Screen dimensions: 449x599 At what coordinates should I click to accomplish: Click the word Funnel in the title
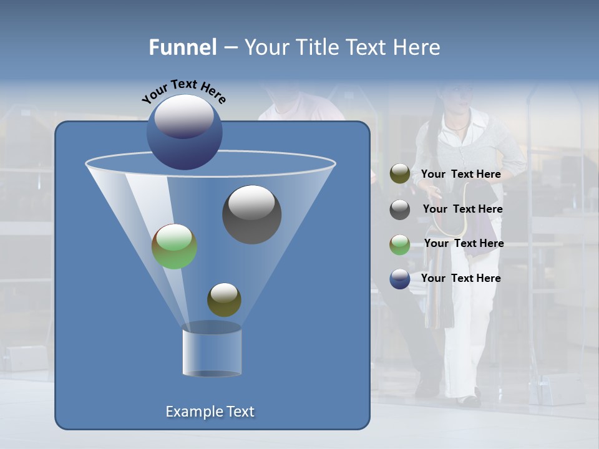coord(182,47)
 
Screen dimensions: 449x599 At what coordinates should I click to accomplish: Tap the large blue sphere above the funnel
coord(184,132)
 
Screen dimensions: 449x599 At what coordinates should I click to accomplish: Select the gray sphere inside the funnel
coord(251,215)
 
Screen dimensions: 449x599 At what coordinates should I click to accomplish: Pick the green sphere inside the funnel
coord(174,246)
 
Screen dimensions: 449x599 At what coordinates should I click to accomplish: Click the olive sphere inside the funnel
coord(224,299)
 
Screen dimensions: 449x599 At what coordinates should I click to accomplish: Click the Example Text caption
coord(210,412)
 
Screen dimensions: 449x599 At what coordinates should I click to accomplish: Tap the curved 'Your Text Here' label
coord(183,90)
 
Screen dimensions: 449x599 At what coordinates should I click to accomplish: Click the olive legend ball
coord(400,174)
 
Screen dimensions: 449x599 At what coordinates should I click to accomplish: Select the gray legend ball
coord(400,210)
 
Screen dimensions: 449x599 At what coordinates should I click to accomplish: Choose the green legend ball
coord(400,244)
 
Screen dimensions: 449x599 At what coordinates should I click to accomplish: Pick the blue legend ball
coord(400,279)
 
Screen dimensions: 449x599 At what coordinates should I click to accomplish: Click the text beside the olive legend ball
coord(460,174)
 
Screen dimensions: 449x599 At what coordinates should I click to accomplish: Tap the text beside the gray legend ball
coord(462,209)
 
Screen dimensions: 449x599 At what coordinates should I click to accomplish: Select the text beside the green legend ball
coord(464,243)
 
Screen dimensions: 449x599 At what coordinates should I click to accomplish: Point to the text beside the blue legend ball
coord(460,278)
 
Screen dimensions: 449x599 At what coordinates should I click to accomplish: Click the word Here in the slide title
coord(417,47)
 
